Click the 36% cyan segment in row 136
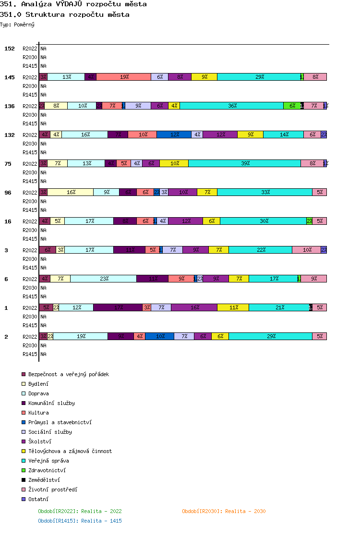232,106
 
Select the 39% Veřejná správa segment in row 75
245,163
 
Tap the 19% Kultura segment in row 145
124,77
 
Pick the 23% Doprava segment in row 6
104,279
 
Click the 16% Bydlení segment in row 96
71,192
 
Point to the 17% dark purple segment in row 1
118,307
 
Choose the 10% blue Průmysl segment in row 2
160,336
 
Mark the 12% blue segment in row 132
174,135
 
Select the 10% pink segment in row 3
307,250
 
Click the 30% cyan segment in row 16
264,221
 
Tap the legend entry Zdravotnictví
47,470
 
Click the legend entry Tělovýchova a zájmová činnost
70,451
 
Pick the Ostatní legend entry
38,499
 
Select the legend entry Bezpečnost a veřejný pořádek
68,374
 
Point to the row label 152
10,49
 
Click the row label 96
8,193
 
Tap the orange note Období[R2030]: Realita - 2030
224,511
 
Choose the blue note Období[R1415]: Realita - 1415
80,521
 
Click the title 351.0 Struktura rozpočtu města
65,14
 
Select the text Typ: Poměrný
17,24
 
